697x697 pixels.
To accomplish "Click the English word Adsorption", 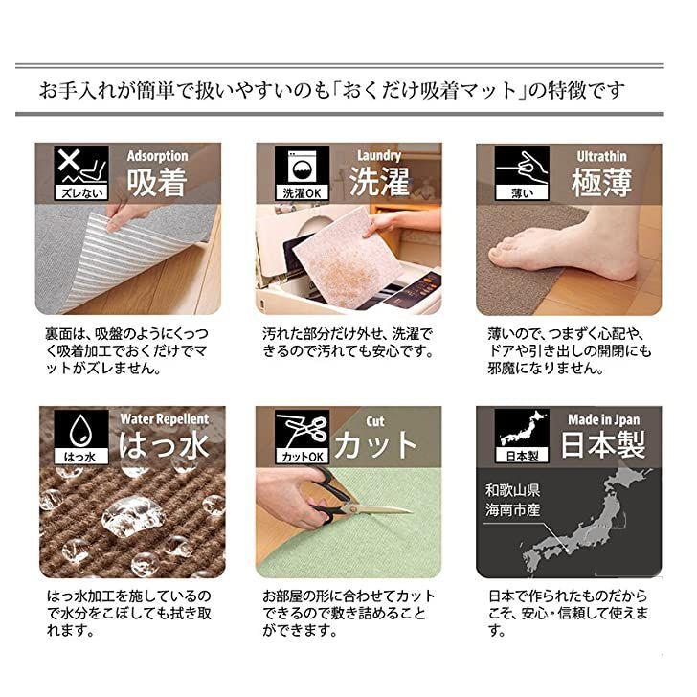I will [158, 155].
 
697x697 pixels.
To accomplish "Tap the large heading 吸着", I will [157, 182].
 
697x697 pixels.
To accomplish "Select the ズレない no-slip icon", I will [72, 172].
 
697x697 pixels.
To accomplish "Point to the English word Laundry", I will [378, 155].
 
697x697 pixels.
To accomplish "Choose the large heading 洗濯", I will [378, 182].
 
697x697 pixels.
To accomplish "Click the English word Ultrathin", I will [601, 155].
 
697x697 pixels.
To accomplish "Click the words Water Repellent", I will [165, 418].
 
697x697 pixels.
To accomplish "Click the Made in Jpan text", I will [603, 419].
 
